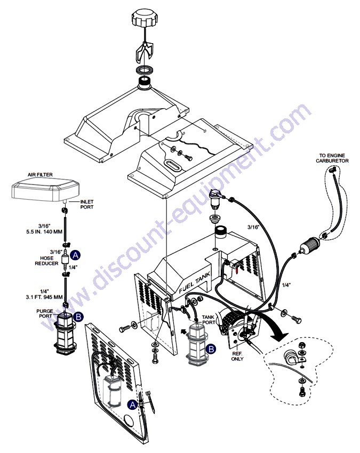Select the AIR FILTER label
(40, 175)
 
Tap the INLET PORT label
(87, 204)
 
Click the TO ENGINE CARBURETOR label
(332, 158)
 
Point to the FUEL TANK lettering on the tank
(195, 282)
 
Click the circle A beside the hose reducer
(76, 255)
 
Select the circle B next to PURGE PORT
(78, 317)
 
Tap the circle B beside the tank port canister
(211, 349)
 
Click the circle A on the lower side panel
(132, 405)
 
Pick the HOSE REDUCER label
(46, 261)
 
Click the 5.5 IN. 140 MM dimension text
(44, 232)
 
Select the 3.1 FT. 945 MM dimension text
(44, 297)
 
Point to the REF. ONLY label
(237, 356)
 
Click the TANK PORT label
(209, 320)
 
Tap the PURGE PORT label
(44, 313)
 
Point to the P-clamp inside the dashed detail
(292, 357)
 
